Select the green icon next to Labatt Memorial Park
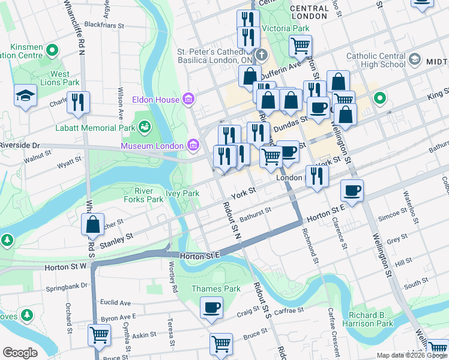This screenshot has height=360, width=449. point(144,126)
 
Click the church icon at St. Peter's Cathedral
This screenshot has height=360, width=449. point(261,55)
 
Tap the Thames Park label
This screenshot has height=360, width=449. point(215,289)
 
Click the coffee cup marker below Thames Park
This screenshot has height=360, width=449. point(211,308)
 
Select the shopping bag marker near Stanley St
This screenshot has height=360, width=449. point(93,225)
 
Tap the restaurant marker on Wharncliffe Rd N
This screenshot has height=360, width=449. point(77,103)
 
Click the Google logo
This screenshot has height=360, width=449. point(20,352)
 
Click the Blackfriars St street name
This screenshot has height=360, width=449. point(104,26)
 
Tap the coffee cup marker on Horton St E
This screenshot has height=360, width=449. point(352,190)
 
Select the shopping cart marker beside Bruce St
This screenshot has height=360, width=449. point(221,344)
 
